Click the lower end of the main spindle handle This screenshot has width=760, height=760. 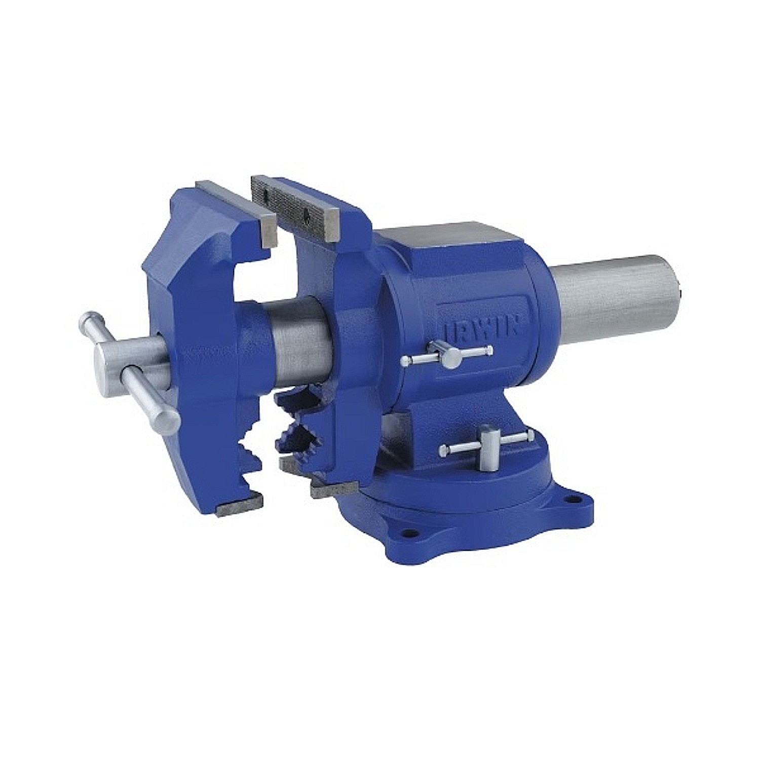pos(167,419)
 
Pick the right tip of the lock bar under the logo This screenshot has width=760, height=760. pos(488,349)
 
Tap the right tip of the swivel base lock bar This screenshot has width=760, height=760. pos(529,435)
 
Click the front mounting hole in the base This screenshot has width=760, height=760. pos(405,533)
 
